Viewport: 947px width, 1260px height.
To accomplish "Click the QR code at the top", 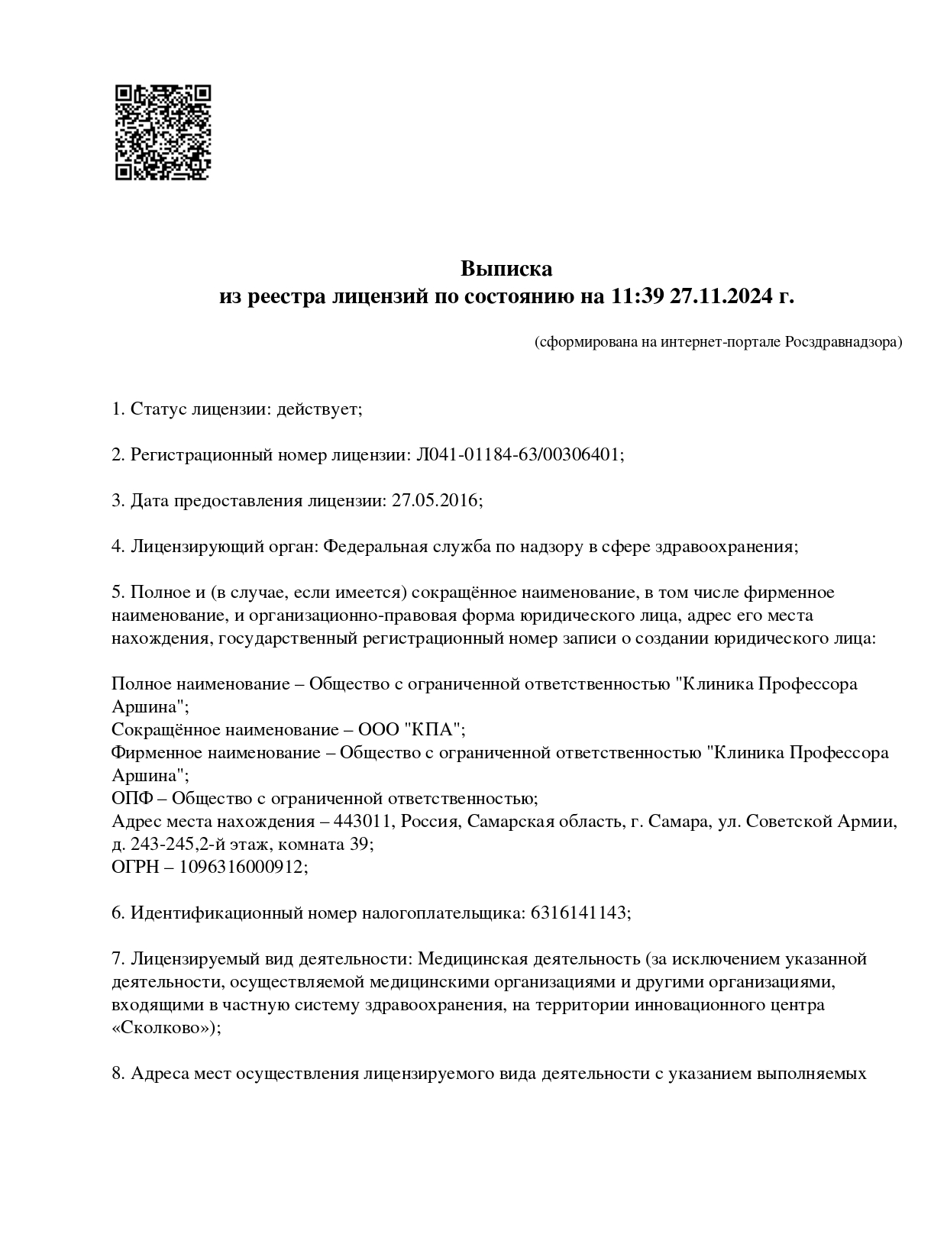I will point(163,132).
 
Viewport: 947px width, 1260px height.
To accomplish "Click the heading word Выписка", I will point(506,269).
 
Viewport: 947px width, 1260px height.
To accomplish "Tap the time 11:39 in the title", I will point(637,296).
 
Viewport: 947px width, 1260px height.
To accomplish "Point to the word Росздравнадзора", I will point(843,341).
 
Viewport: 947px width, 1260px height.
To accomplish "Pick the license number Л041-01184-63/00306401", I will point(519,455).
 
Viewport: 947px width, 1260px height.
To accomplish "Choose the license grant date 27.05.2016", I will point(435,501).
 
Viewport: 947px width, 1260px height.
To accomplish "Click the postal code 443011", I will point(364,822).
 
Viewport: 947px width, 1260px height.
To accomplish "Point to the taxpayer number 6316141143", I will point(578,913).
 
